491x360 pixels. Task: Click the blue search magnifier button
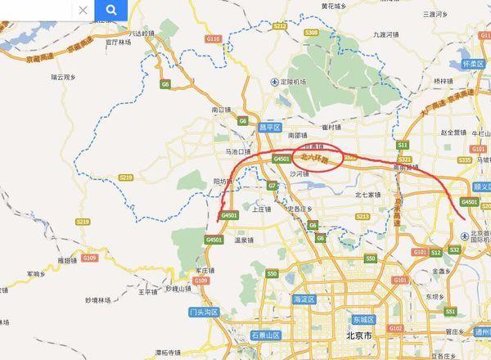[110, 11]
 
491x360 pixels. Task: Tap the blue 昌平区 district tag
[271, 128]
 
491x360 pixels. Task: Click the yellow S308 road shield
[310, 32]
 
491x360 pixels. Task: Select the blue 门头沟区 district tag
[200, 312]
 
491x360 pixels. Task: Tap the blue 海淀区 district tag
[303, 300]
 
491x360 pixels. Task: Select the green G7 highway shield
[273, 187]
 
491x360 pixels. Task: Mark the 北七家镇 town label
[367, 195]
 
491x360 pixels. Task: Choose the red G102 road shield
[395, 328]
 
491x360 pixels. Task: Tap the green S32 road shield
[454, 248]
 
